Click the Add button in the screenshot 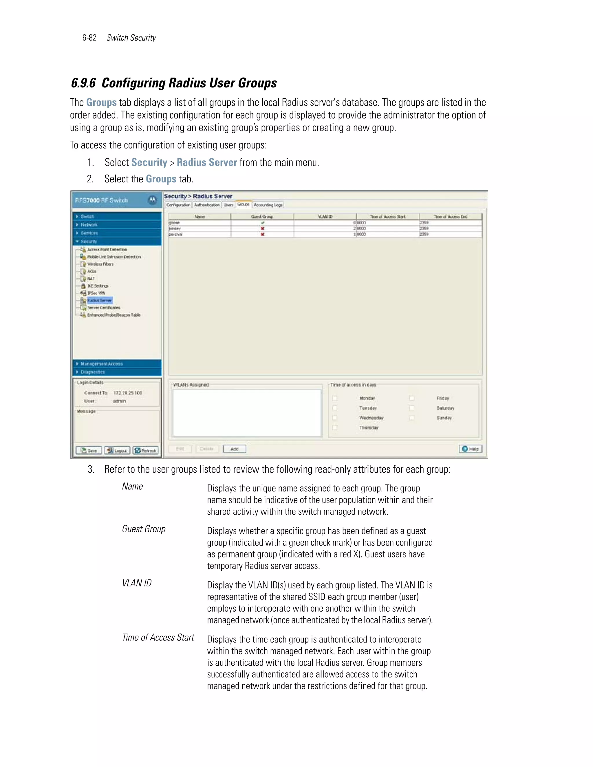pyautogui.click(x=234, y=449)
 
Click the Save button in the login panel pyautogui.click(x=89, y=451)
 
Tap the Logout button pyautogui.click(x=117, y=451)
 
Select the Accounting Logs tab pyautogui.click(x=268, y=205)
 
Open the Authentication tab pyautogui.click(x=206, y=205)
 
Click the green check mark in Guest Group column pyautogui.click(x=262, y=223)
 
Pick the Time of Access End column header pyautogui.click(x=450, y=216)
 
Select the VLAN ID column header pyautogui.click(x=325, y=216)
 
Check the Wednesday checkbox pyautogui.click(x=335, y=418)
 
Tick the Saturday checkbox pyautogui.click(x=412, y=408)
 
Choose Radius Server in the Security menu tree pyautogui.click(x=99, y=300)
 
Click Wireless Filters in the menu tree pyautogui.click(x=100, y=264)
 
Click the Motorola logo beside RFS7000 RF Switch pyautogui.click(x=152, y=200)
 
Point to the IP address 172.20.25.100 pyautogui.click(x=127, y=393)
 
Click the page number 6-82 pyautogui.click(x=89, y=38)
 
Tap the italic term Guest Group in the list pyautogui.click(x=144, y=529)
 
